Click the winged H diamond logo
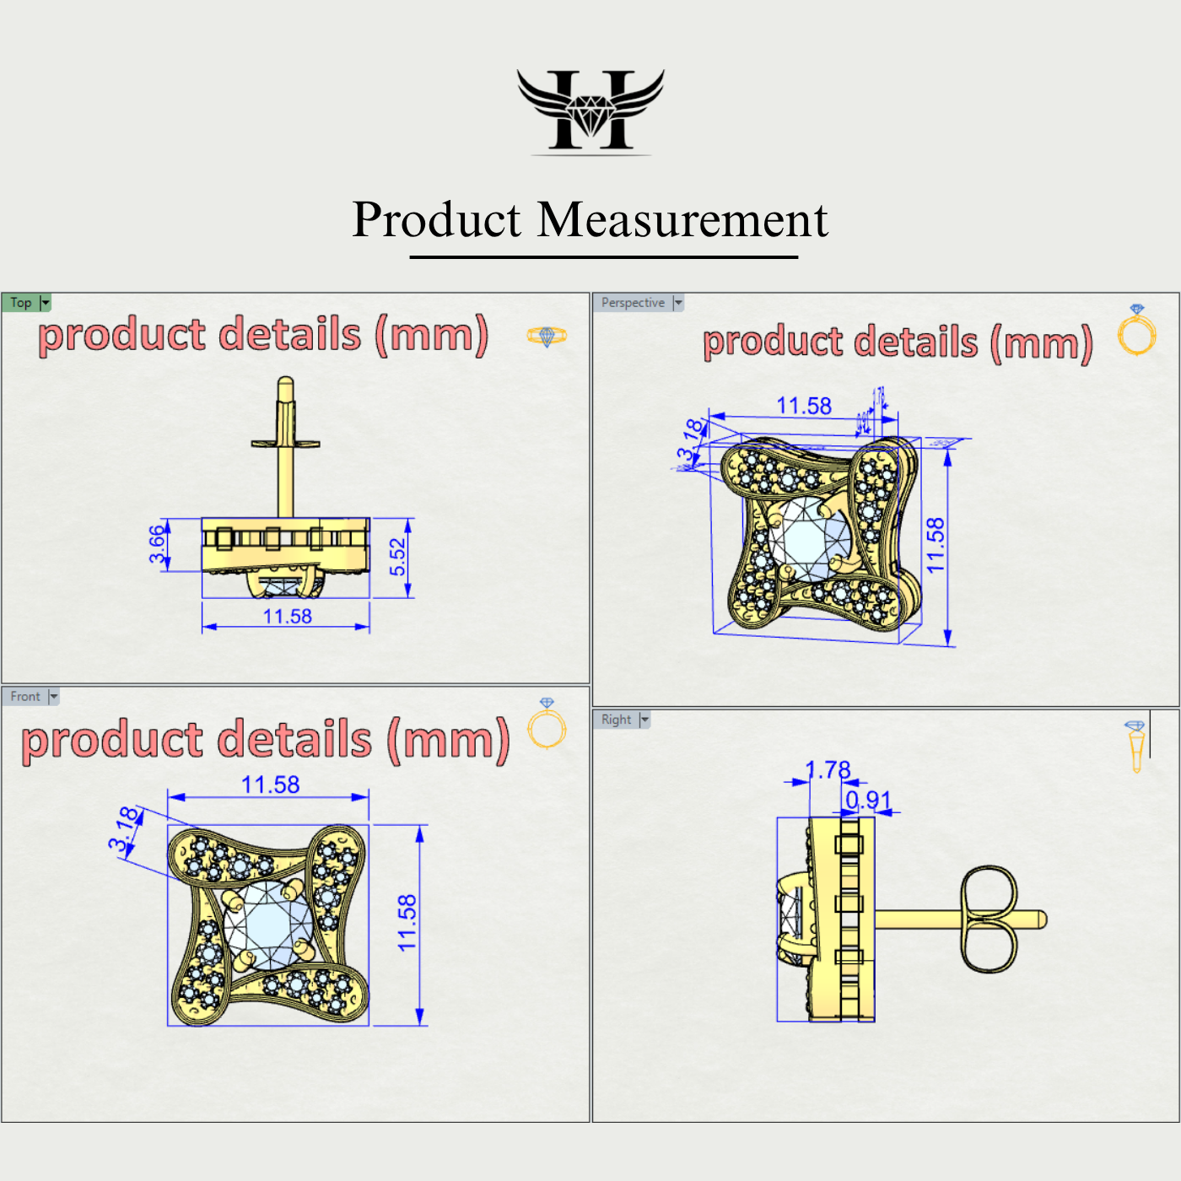point(590,110)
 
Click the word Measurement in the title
point(682,220)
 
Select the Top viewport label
point(21,303)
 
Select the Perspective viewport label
point(633,303)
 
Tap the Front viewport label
point(25,697)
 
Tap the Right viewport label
point(616,720)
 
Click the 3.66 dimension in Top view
point(157,544)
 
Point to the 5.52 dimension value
point(397,557)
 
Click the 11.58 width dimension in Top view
point(287,617)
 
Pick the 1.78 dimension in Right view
point(828,769)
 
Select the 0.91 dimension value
point(868,800)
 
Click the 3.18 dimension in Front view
point(123,829)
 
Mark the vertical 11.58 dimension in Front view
point(407,923)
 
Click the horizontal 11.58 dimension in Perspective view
point(803,406)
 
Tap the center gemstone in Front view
point(268,925)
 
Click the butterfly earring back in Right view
point(989,919)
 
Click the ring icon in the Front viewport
point(547,725)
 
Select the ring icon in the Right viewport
point(1135,746)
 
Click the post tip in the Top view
point(285,386)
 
